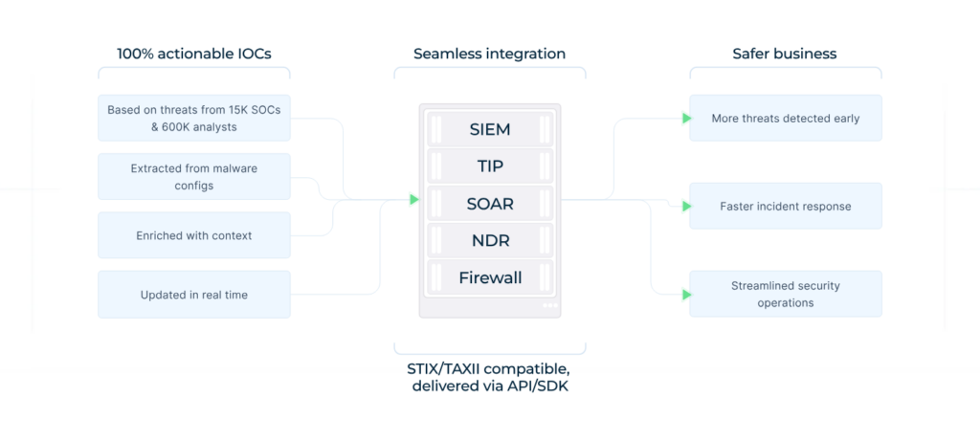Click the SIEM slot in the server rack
click(x=490, y=129)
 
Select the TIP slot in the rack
click(x=490, y=166)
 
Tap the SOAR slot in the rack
click(x=490, y=204)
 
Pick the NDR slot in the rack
click(x=490, y=241)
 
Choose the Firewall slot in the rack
click(x=490, y=278)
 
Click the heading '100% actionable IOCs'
click(x=193, y=54)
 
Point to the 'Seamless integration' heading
click(x=489, y=54)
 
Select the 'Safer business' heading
click(x=785, y=54)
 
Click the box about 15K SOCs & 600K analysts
click(x=194, y=118)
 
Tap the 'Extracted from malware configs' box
click(x=194, y=177)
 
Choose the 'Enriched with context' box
click(x=194, y=235)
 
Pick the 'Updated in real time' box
click(x=194, y=295)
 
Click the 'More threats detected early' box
click(x=785, y=119)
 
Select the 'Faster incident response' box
click(x=785, y=206)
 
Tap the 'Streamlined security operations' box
click(x=785, y=294)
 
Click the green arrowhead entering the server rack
click(x=413, y=200)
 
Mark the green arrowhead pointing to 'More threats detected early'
click(x=686, y=119)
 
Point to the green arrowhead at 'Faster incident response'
click(x=686, y=206)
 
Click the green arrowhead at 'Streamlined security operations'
click(x=686, y=295)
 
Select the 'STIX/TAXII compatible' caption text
click(x=489, y=368)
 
